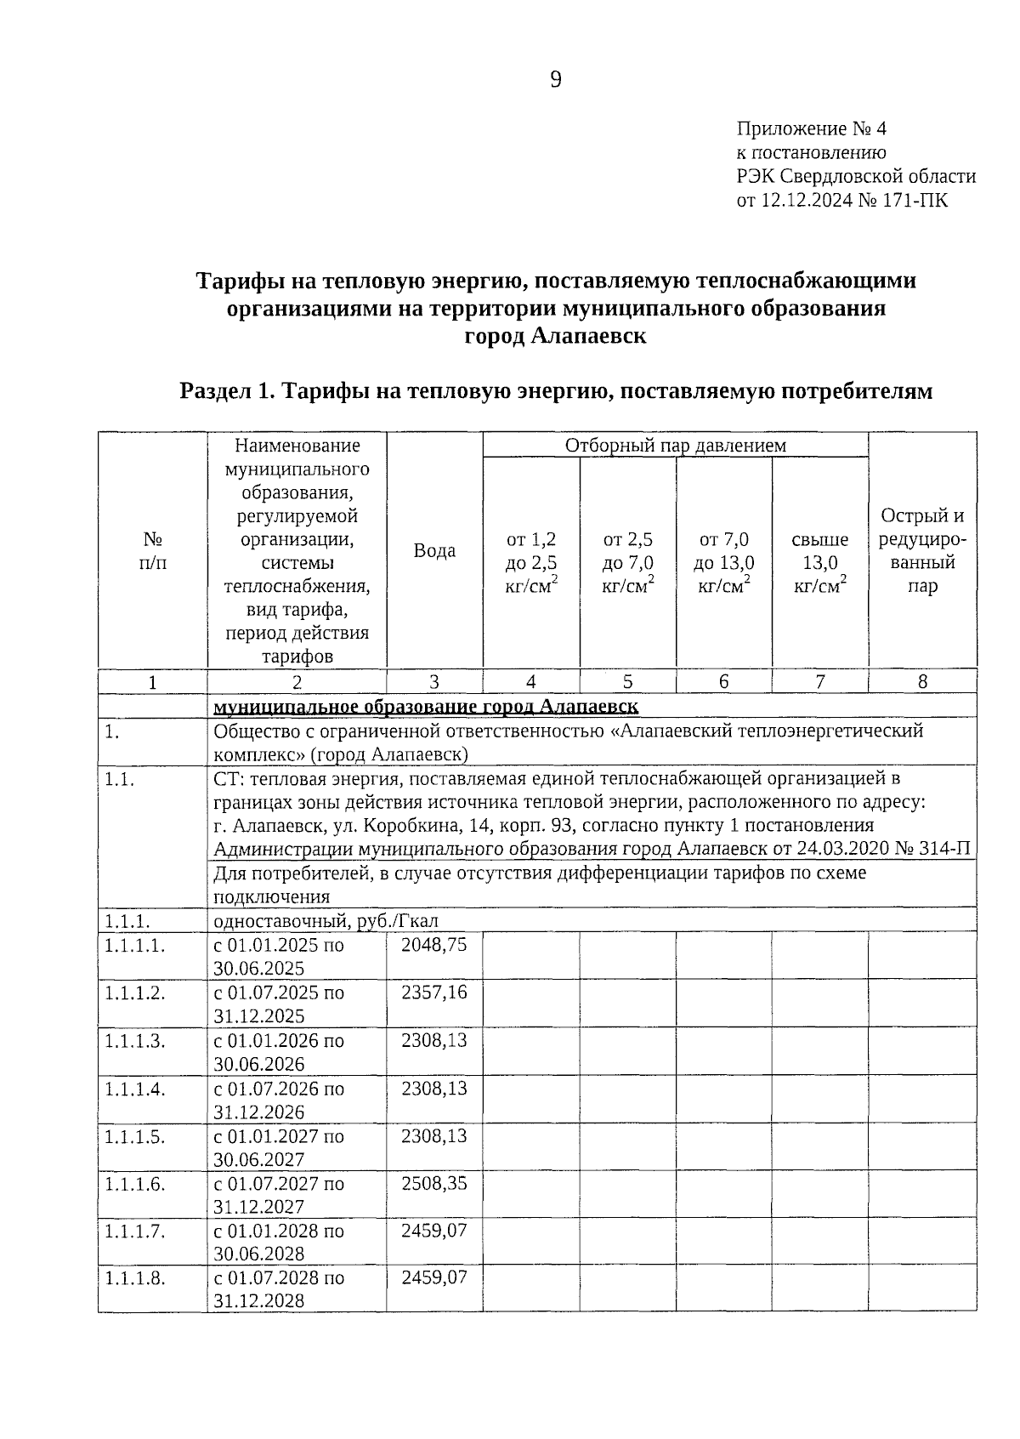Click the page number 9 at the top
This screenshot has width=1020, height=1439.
click(556, 81)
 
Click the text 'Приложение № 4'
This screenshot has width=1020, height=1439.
click(811, 129)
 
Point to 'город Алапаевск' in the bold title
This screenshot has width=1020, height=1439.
click(555, 336)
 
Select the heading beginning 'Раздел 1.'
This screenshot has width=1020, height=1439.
click(556, 391)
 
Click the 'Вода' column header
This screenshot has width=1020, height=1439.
click(434, 550)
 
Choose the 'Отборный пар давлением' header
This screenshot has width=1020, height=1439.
click(676, 445)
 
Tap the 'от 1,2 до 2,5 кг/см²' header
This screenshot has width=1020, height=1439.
click(531, 562)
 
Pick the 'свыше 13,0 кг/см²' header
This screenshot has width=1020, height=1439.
click(820, 562)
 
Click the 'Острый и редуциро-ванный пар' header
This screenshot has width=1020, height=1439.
click(922, 550)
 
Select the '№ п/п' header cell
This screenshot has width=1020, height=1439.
click(153, 550)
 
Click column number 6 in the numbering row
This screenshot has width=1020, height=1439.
click(723, 681)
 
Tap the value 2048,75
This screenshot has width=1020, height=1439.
click(434, 945)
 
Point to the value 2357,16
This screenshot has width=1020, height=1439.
click(434, 993)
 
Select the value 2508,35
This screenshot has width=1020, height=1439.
click(434, 1184)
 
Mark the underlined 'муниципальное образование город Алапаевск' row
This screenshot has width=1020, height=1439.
click(426, 707)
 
